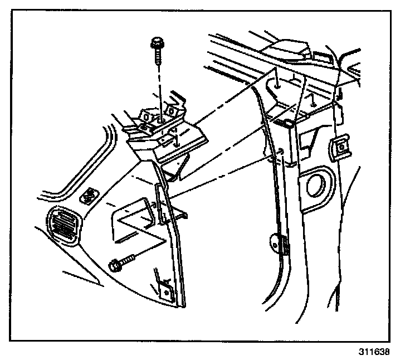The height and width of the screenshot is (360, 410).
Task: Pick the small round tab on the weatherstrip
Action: point(274,242)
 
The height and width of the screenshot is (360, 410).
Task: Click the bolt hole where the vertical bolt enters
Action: point(159,119)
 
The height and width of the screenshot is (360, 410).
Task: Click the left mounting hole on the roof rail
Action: point(276,85)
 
